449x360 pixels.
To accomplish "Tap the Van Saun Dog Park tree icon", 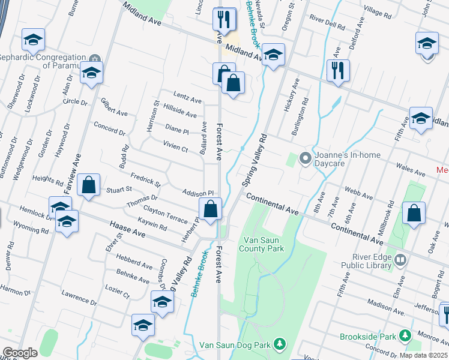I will (279, 343).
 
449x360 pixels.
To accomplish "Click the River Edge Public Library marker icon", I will (401, 261).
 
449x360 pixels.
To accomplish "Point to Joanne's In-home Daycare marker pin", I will (305, 158).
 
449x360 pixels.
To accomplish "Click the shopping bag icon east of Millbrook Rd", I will (414, 213).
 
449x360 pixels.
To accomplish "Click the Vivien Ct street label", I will (175, 146).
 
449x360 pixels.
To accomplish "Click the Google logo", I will (20, 353).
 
